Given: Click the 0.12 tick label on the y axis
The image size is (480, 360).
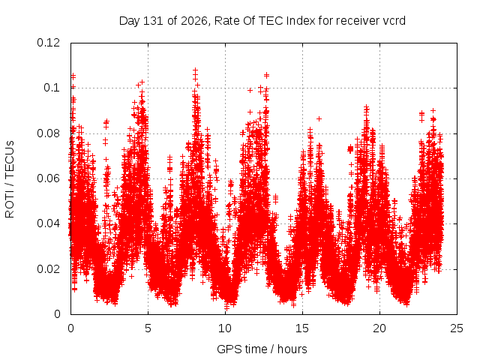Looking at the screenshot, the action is click(48, 43).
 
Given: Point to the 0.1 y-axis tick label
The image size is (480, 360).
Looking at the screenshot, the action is click(52, 88).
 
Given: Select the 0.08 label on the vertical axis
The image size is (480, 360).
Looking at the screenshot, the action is click(48, 133).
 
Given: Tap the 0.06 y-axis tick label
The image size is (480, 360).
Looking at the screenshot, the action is click(48, 178).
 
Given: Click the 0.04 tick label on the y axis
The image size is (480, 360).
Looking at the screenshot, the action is click(48, 223).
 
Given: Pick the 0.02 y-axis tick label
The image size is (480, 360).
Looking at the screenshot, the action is click(48, 269).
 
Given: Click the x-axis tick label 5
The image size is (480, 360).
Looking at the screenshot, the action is click(148, 328).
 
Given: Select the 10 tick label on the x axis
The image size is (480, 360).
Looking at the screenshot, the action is click(225, 328).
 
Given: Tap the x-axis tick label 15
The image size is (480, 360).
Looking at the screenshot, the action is click(302, 328).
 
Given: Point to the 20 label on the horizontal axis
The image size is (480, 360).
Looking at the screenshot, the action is click(379, 328).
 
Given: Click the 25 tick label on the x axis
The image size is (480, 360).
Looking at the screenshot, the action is click(457, 328).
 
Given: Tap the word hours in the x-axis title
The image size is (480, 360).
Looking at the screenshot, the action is click(292, 349).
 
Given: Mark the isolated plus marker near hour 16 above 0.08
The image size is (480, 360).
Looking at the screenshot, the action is click(319, 118).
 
